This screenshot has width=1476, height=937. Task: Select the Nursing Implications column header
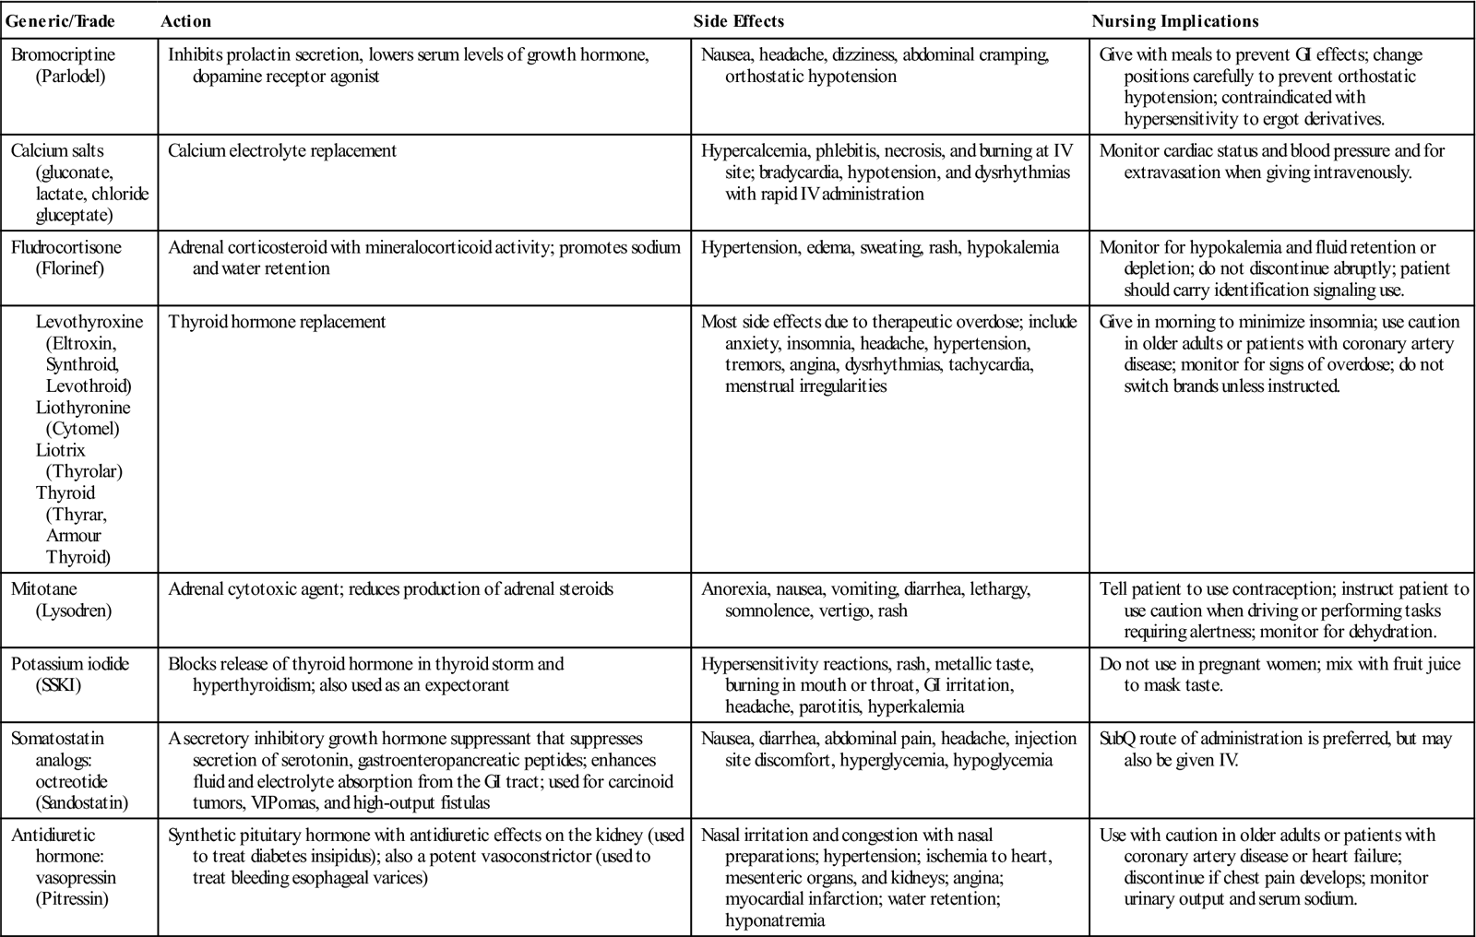1175,21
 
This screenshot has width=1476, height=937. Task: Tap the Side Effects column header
738,21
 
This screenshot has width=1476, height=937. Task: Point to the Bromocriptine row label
64,55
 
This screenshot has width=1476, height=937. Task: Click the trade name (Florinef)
69,268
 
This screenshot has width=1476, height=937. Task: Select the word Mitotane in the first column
44,589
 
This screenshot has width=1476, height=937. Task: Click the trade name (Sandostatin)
82,802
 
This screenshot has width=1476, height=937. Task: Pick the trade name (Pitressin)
71,899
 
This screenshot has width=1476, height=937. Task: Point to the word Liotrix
61,450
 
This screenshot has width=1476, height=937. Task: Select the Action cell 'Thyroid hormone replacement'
277,322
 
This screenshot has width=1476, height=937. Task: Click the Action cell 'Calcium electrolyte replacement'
282,151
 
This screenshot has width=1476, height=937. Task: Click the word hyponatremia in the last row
775,920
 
